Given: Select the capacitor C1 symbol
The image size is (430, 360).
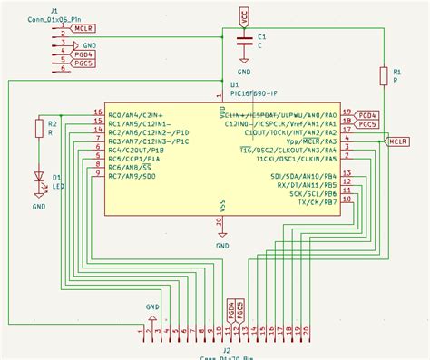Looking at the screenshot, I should [x=243, y=42].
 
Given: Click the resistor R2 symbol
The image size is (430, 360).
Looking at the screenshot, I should [x=39, y=128].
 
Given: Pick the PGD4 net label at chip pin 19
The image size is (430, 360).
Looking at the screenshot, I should [x=368, y=116].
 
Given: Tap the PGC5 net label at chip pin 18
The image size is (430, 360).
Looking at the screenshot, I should [x=368, y=125].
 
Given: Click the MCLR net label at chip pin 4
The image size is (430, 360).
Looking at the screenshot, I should [x=397, y=142].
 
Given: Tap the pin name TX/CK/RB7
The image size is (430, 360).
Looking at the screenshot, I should [x=315, y=201].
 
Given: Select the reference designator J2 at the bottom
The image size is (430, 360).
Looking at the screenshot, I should [x=227, y=350].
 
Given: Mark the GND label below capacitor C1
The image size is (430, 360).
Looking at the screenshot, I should [x=244, y=70].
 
